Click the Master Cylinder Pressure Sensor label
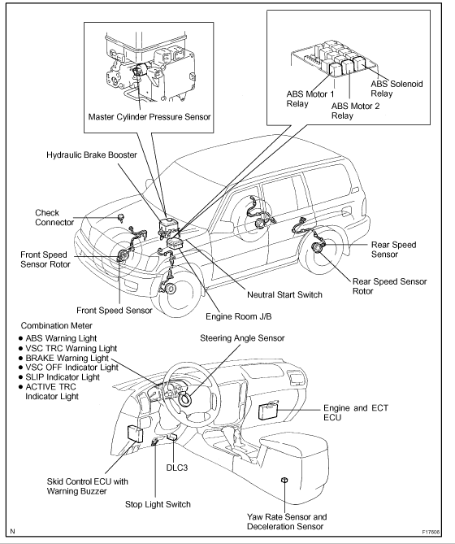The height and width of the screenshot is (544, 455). (x=149, y=117)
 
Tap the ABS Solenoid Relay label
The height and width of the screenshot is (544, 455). (x=396, y=89)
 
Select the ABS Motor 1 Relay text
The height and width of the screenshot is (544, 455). (x=310, y=99)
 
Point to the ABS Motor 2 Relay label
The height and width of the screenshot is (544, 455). (x=356, y=111)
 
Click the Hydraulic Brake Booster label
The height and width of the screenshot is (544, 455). (x=92, y=154)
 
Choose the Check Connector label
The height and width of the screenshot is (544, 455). (x=54, y=218)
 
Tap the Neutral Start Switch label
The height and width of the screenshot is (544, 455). (x=284, y=294)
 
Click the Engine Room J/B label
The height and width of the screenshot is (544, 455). (x=239, y=316)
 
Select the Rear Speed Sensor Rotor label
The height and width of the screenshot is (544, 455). (x=389, y=286)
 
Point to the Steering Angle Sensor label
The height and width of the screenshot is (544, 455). (x=242, y=338)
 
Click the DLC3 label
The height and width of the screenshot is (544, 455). (x=177, y=468)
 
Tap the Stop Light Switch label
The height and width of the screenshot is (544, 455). (x=158, y=504)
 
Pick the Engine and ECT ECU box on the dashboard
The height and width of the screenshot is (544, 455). (x=269, y=411)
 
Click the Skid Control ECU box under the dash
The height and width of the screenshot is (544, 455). (x=135, y=433)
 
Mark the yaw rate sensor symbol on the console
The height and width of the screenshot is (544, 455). (x=284, y=480)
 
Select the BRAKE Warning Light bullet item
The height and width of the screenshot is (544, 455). (x=63, y=358)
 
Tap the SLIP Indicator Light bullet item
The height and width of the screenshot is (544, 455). (x=59, y=377)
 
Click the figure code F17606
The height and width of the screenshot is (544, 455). (x=431, y=532)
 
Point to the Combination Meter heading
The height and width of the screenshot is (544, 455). (x=57, y=325)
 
